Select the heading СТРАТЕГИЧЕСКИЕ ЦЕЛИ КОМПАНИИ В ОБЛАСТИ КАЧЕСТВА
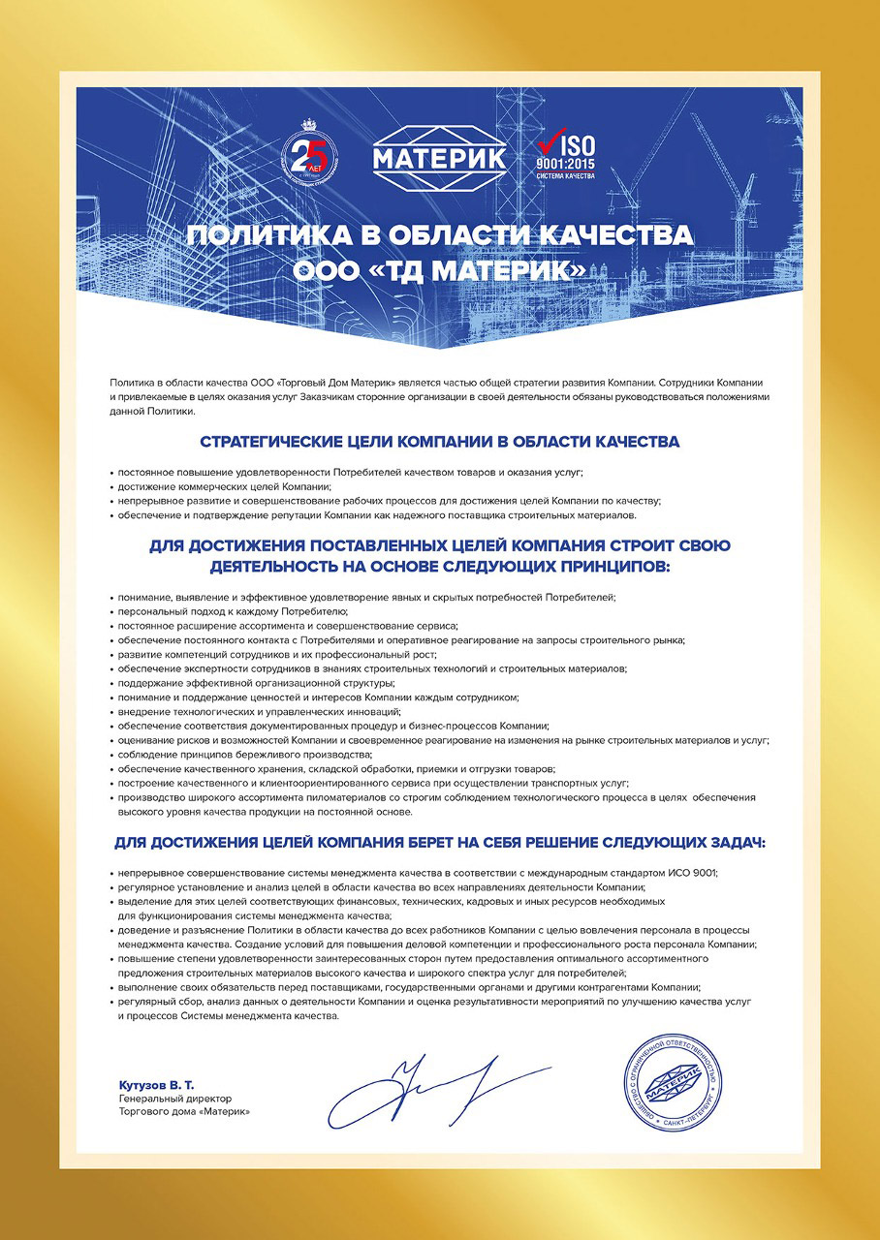[439, 443]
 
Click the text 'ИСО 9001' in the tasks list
[693, 873]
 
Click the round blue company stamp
[675, 1086]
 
